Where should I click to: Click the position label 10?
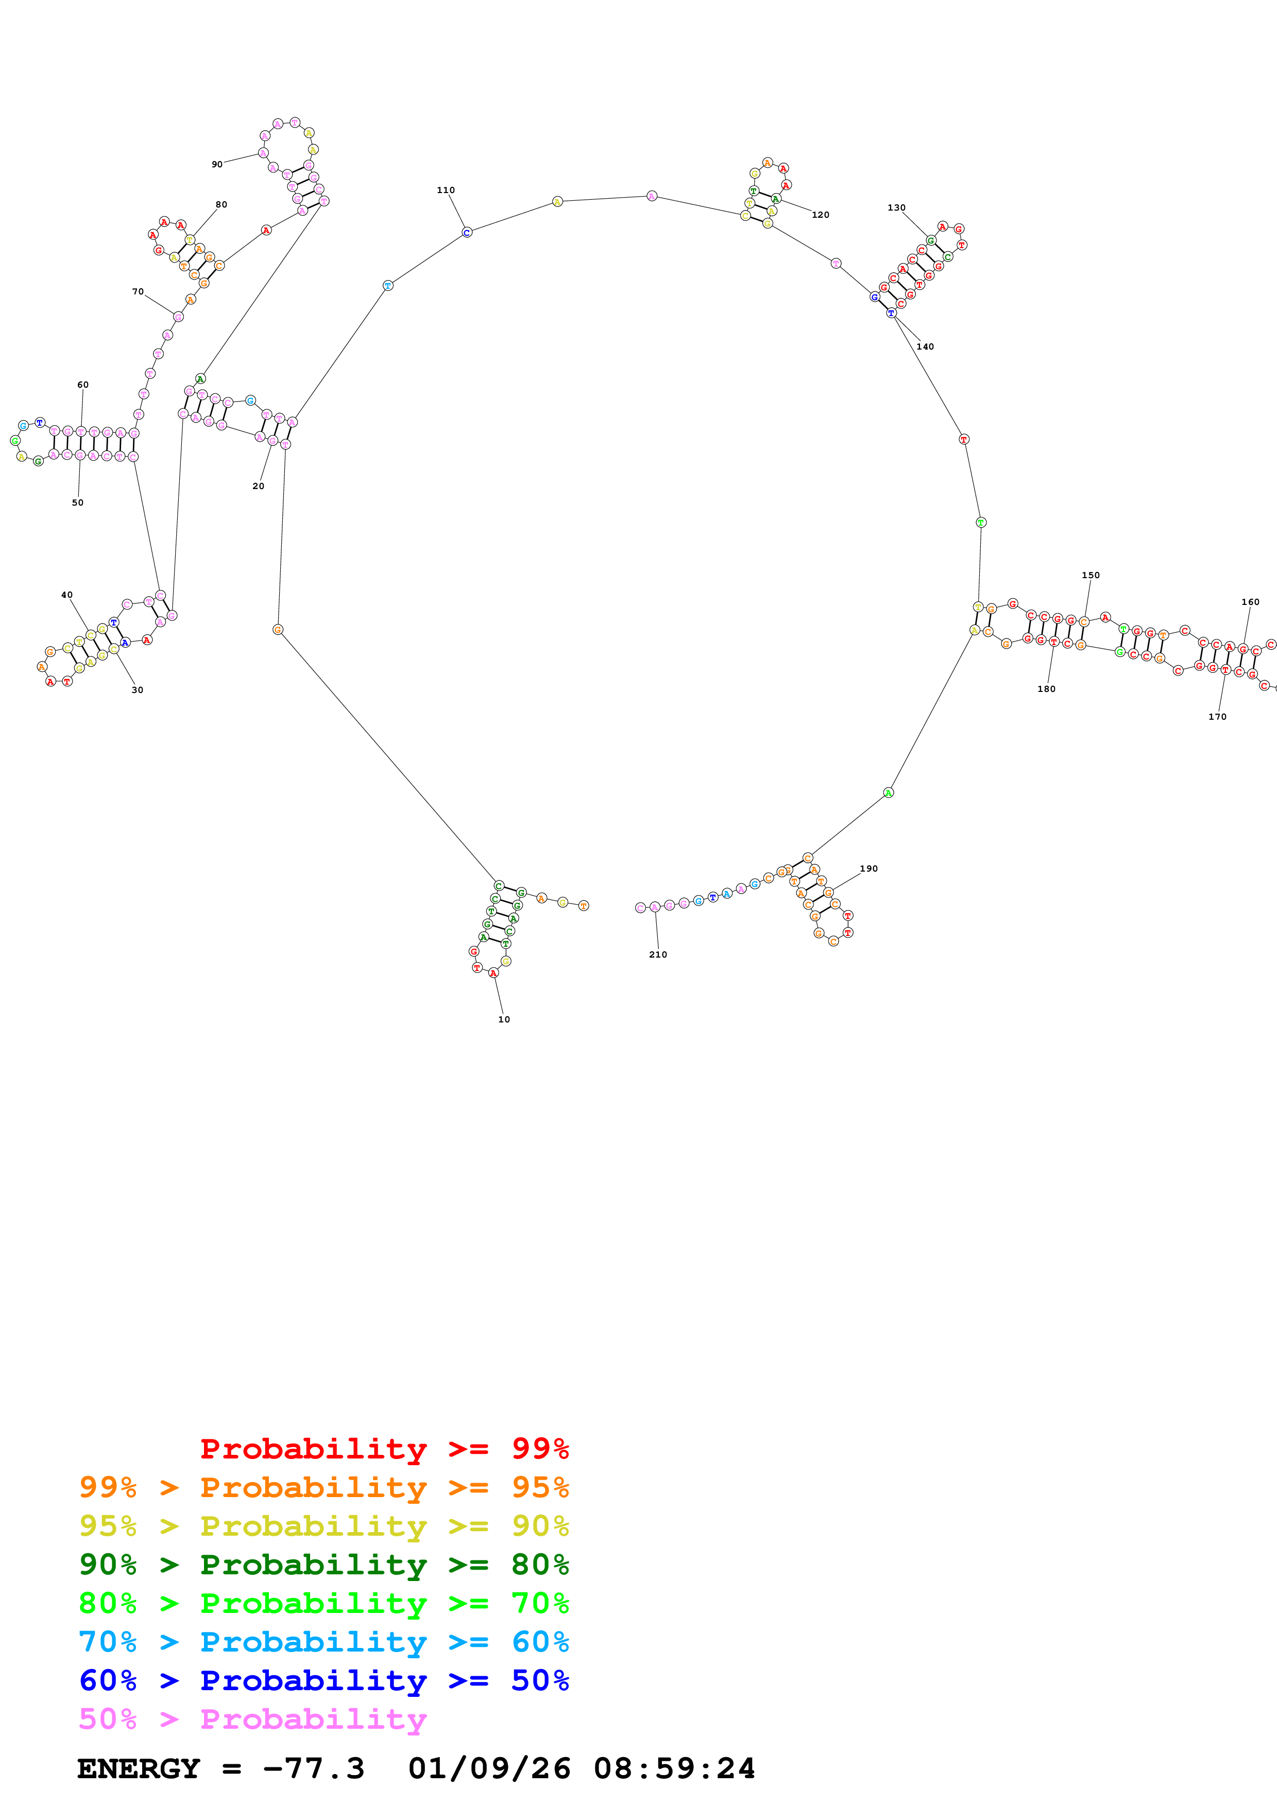click(x=504, y=1019)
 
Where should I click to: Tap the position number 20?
click(x=258, y=486)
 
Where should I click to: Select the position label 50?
click(x=77, y=502)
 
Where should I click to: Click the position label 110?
click(x=446, y=190)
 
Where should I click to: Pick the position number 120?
click(x=820, y=215)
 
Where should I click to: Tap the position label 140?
click(x=925, y=347)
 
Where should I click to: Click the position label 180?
click(x=1046, y=689)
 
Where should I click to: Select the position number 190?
click(x=868, y=869)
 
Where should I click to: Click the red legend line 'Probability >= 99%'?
click(x=384, y=1448)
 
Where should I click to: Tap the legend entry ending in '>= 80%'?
click(x=323, y=1565)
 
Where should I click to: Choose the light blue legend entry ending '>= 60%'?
click(x=323, y=1642)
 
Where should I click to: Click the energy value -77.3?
click(x=313, y=1768)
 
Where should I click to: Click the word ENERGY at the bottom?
click(x=139, y=1768)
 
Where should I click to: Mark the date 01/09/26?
click(x=489, y=1768)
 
